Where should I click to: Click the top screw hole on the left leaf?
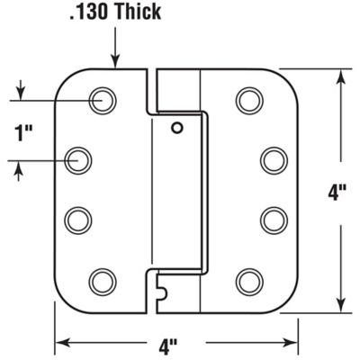click(x=102, y=100)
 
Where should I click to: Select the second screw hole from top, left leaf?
click(x=81, y=160)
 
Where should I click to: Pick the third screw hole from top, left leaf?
click(x=80, y=220)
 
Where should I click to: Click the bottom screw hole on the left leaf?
click(x=102, y=281)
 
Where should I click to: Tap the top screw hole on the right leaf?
click(x=249, y=100)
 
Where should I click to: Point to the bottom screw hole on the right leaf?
click(x=249, y=281)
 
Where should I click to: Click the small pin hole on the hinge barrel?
click(x=177, y=128)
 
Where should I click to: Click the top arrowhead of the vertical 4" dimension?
click(x=340, y=76)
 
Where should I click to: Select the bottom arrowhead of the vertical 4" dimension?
click(x=340, y=306)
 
